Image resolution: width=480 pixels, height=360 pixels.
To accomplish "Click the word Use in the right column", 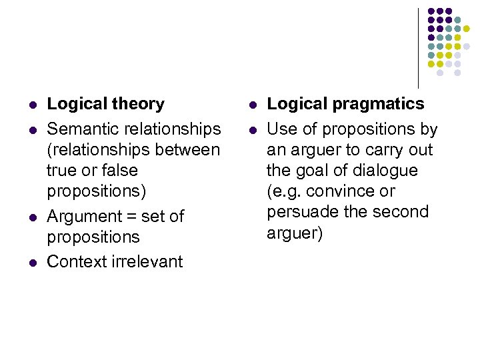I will pos(281,129).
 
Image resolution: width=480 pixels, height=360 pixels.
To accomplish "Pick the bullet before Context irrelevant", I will pos(32,262).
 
